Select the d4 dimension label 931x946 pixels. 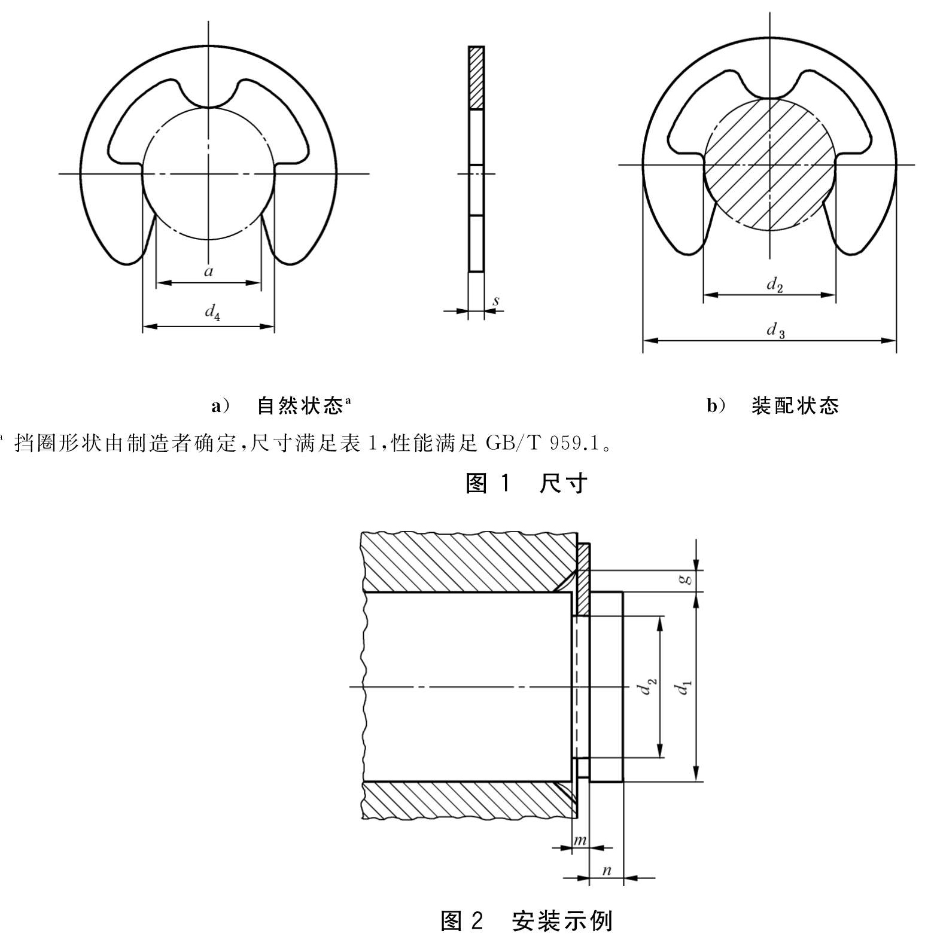(x=212, y=312)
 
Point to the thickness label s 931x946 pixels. (x=496, y=301)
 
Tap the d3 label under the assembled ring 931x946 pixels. (x=776, y=330)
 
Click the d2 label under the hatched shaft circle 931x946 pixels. (x=775, y=285)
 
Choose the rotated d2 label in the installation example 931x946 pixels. (x=647, y=686)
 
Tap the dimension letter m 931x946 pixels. (x=580, y=840)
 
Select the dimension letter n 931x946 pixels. (x=606, y=870)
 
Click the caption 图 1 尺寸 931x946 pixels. (x=527, y=483)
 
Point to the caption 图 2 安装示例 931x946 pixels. (x=527, y=921)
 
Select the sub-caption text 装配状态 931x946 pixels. (x=795, y=406)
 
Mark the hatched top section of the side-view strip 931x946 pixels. (x=476, y=78)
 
